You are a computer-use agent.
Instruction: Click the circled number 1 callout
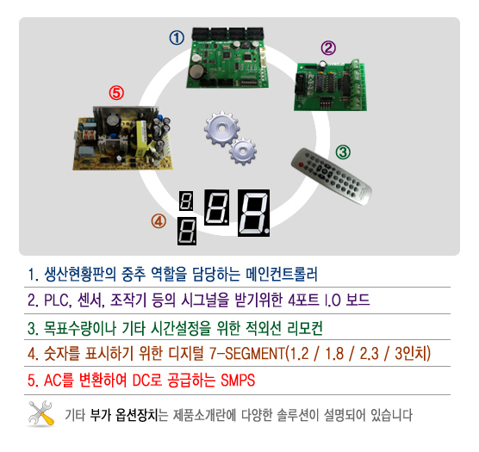pyautogui.click(x=177, y=38)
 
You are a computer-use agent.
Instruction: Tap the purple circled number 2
pyautogui.click(x=328, y=48)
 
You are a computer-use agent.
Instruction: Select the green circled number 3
pyautogui.click(x=343, y=152)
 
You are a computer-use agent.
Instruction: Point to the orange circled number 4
pyautogui.click(x=159, y=221)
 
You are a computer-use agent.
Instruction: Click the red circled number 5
pyautogui.click(x=116, y=93)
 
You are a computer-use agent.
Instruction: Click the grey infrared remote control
pyautogui.click(x=332, y=176)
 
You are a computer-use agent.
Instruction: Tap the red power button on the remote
pyautogui.click(x=301, y=164)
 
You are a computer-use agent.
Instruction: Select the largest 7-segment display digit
pyautogui.click(x=253, y=213)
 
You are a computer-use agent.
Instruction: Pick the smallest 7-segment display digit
pyautogui.click(x=186, y=201)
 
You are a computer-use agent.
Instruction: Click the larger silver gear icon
pyautogui.click(x=221, y=129)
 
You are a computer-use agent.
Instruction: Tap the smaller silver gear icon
pyautogui.click(x=243, y=151)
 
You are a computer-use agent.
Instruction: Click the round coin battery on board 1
pyautogui.click(x=196, y=71)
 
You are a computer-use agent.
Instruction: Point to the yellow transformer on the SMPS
pyautogui.click(x=141, y=136)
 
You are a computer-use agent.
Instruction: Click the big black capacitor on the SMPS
pyautogui.click(x=112, y=124)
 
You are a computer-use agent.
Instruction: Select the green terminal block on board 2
pyautogui.click(x=358, y=84)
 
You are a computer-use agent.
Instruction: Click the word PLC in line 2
pyautogui.click(x=57, y=300)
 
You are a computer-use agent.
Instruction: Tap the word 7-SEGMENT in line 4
pyautogui.click(x=247, y=354)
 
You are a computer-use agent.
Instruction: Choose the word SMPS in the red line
pyautogui.click(x=238, y=381)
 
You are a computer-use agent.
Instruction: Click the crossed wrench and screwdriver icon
pyautogui.click(x=41, y=413)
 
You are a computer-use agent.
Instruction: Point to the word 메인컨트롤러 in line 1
pyautogui.click(x=282, y=274)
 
